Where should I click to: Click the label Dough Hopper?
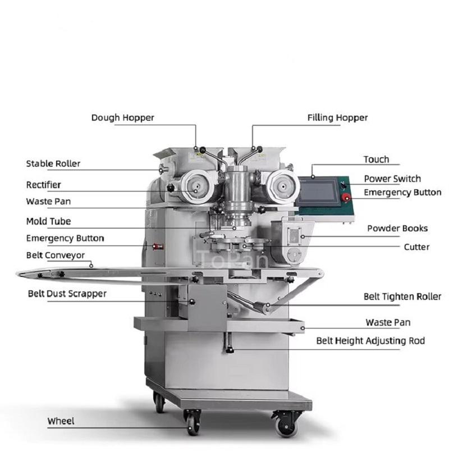point(123,118)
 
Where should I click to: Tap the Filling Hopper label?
point(337,118)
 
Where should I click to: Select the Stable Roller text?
point(53,164)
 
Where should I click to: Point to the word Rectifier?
point(44,185)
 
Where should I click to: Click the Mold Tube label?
point(48,221)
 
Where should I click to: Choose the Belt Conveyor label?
point(56,256)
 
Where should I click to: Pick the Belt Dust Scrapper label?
point(67,294)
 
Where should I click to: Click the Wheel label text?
point(61,421)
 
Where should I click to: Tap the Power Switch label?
point(392,179)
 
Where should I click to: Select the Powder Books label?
point(397,229)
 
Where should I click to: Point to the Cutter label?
point(416,247)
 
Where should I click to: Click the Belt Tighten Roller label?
point(402,297)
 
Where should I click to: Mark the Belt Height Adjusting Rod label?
point(370,340)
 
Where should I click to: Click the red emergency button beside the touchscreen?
point(346,198)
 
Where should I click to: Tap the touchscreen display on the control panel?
point(318,192)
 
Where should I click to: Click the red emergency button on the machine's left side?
point(158,247)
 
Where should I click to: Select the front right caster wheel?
point(287,425)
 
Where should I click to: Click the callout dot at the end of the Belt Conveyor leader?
point(91,266)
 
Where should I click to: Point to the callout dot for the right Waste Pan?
point(303,329)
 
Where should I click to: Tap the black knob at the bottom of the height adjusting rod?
point(230,350)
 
